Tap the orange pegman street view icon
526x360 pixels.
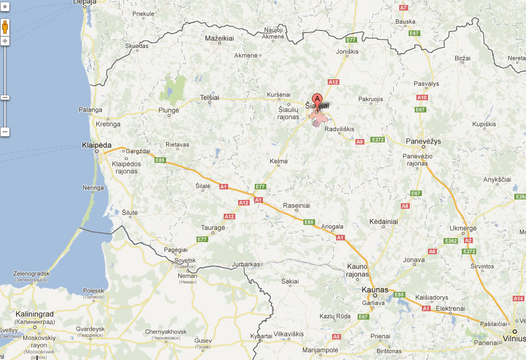tap(5, 27)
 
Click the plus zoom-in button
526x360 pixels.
tap(5, 42)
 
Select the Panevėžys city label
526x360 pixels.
tap(423, 141)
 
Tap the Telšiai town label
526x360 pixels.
tap(210, 97)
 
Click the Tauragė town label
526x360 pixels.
tap(213, 228)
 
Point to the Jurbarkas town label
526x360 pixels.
tap(246, 264)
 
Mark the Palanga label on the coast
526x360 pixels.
tap(90, 110)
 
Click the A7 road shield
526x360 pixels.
tap(403, 8)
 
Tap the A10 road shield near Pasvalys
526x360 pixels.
tap(422, 97)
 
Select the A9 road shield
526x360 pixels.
tap(359, 142)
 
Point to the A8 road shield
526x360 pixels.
tap(405, 206)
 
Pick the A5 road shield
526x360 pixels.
tap(336, 337)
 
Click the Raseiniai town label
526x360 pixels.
tap(296, 205)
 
